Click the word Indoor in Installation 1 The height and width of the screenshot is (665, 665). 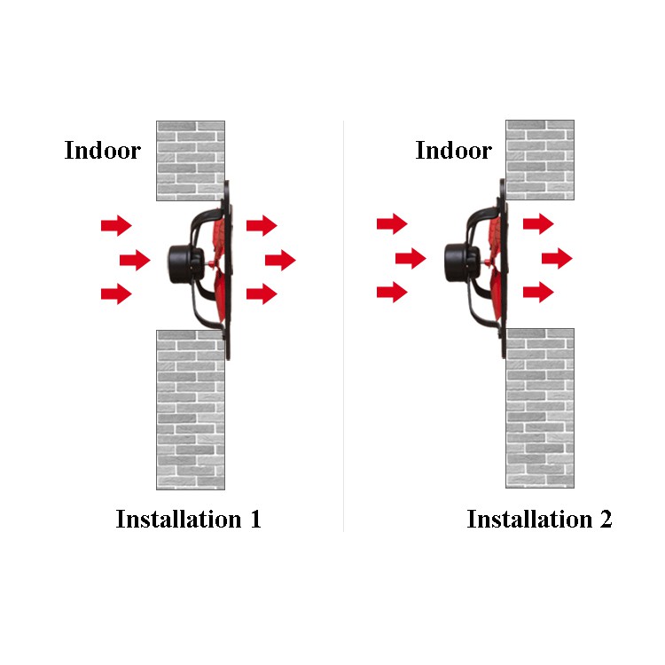(102, 151)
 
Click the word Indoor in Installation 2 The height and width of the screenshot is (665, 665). (453, 151)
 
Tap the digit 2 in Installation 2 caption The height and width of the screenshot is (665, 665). (605, 519)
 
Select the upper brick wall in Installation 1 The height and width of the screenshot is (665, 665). (191, 160)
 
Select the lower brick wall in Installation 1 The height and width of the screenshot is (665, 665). (191, 409)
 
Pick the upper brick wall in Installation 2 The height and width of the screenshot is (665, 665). (540, 160)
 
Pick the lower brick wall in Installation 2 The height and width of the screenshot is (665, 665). (540, 408)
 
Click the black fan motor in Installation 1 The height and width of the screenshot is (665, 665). (184, 260)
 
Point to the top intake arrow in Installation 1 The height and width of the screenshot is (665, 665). (116, 225)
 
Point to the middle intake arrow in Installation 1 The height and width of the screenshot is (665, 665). (135, 260)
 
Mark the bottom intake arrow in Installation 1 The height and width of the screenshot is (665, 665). (116, 293)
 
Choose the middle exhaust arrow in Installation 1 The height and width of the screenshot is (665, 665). (280, 260)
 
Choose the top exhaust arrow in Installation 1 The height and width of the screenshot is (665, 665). (262, 225)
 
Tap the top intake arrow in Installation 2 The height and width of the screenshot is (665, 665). (392, 223)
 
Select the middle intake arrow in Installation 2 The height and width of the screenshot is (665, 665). (411, 258)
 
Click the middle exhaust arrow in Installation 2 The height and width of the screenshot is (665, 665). (557, 258)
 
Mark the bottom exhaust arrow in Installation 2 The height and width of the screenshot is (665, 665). (538, 292)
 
